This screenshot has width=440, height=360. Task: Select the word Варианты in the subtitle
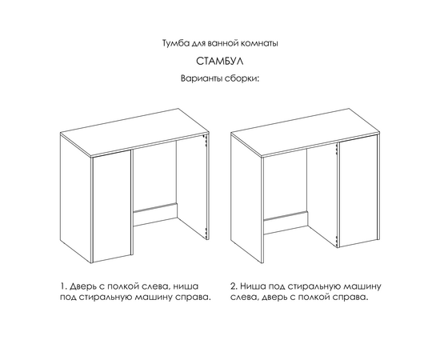click(x=200, y=79)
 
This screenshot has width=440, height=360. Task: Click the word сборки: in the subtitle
click(x=244, y=79)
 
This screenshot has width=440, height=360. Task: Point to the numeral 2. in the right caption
click(x=234, y=285)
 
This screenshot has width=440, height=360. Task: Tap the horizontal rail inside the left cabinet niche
click(x=154, y=214)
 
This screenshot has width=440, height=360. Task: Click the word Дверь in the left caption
click(x=82, y=285)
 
